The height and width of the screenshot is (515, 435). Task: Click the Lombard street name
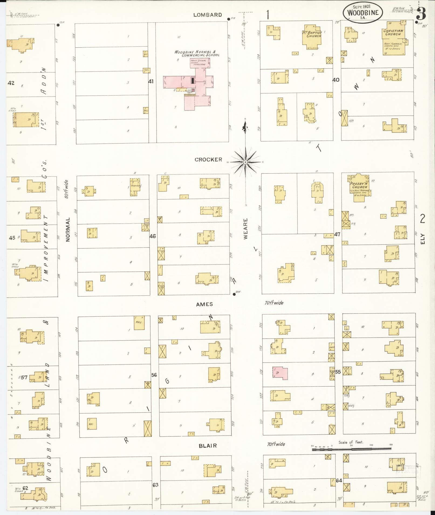click(x=208, y=15)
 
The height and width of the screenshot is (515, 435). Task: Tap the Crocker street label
click(x=208, y=160)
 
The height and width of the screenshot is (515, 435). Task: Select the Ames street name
click(x=204, y=304)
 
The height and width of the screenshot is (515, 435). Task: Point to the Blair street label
click(x=208, y=446)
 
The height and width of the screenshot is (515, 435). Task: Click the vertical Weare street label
click(x=245, y=229)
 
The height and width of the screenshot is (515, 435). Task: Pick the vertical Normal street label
click(x=68, y=229)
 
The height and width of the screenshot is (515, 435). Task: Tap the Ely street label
click(x=422, y=239)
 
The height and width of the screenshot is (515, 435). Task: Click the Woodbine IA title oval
click(x=363, y=13)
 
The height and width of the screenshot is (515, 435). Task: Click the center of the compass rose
click(x=245, y=162)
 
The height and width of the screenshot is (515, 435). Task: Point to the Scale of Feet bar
click(x=351, y=449)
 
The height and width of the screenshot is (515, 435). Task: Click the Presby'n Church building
click(x=359, y=186)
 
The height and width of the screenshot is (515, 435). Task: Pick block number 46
click(x=153, y=236)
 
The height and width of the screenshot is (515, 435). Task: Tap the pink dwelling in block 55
click(x=280, y=373)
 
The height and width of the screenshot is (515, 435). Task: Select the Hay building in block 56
click(x=139, y=322)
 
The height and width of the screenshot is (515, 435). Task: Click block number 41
click(x=151, y=81)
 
